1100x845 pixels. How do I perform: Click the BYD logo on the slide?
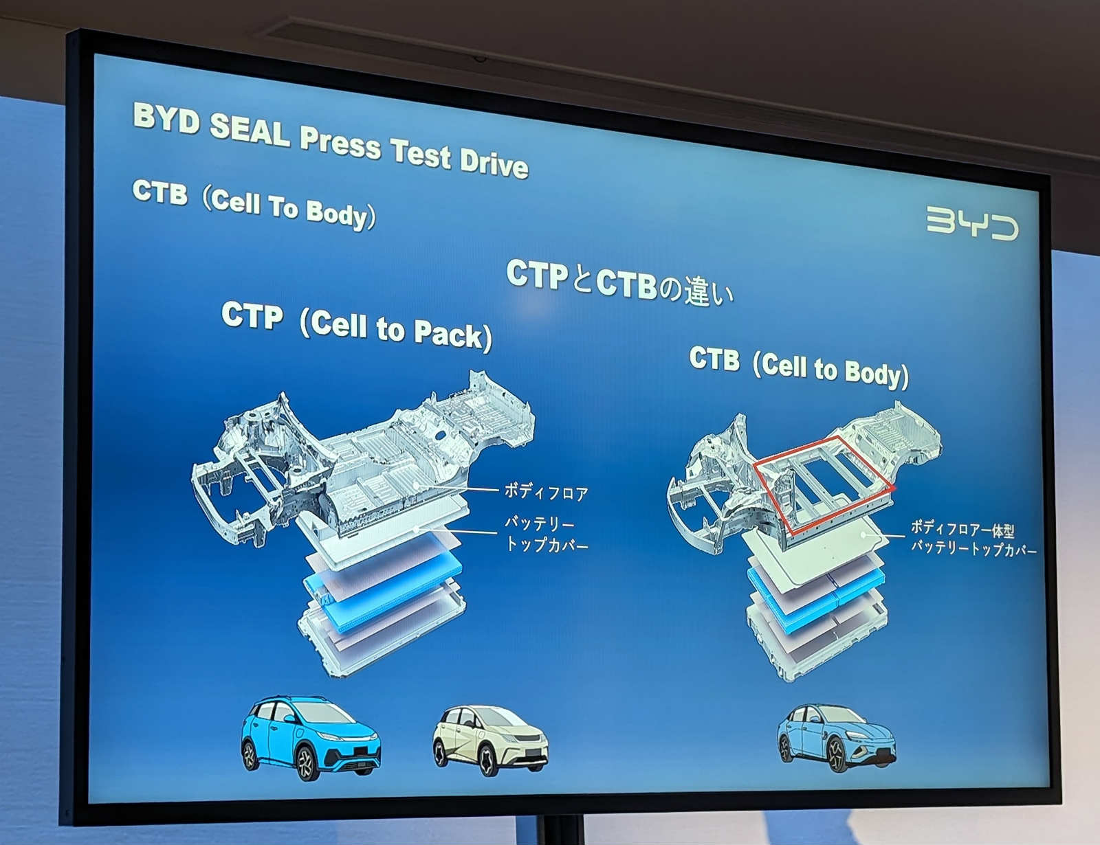pyautogui.click(x=971, y=223)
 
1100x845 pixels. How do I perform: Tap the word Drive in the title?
pyautogui.click(x=494, y=163)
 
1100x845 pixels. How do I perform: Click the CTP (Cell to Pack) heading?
pyautogui.click(x=356, y=326)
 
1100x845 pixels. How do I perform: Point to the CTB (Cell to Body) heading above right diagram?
pyautogui.click(x=799, y=368)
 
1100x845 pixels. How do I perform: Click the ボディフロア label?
pyautogui.click(x=546, y=492)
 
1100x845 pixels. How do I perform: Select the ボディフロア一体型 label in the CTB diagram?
pyautogui.click(x=962, y=529)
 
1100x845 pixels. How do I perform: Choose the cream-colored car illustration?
pyautogui.click(x=490, y=740)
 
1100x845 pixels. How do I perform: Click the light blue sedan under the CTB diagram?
pyautogui.click(x=836, y=737)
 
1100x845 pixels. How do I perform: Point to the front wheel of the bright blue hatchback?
pyautogui.click(x=306, y=763)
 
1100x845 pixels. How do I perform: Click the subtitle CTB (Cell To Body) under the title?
pyautogui.click(x=254, y=204)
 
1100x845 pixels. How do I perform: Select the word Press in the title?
pyautogui.click(x=340, y=142)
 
